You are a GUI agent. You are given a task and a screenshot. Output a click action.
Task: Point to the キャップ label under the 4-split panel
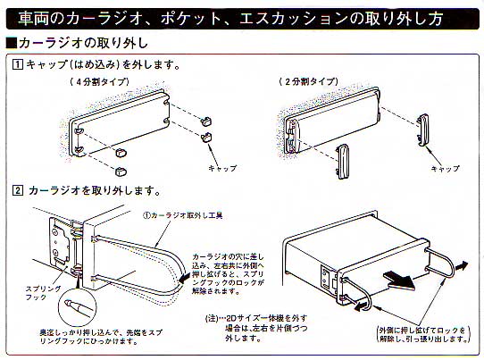click(x=221, y=167)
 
